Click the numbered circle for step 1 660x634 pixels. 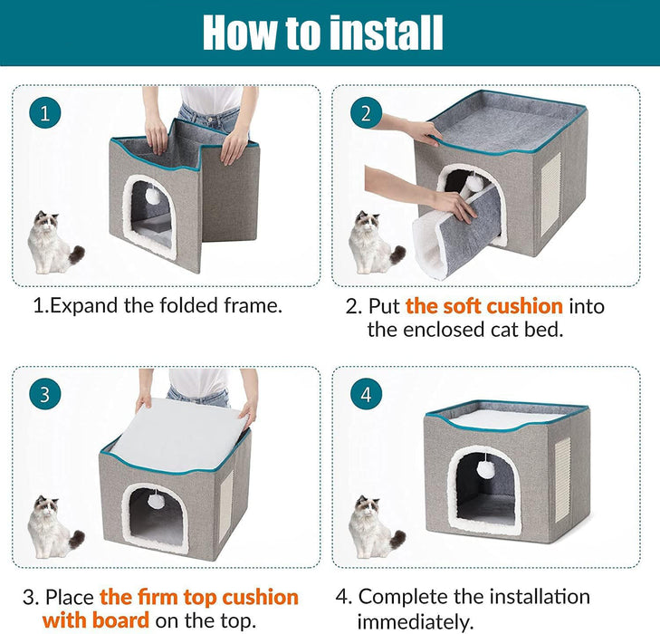tap(45, 113)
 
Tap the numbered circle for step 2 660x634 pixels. tap(366, 113)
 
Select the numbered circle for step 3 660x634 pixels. tap(45, 395)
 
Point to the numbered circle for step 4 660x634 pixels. tap(366, 395)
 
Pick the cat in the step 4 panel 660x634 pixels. tap(376, 527)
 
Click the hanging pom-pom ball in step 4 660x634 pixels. tap(486, 468)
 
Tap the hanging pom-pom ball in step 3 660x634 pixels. tap(156, 500)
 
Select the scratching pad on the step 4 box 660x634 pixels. tap(563, 479)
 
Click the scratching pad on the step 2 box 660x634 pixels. tap(550, 195)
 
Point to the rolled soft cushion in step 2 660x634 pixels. tap(456, 234)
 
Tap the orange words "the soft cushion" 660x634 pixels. tap(484, 306)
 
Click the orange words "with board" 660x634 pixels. tap(96, 620)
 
